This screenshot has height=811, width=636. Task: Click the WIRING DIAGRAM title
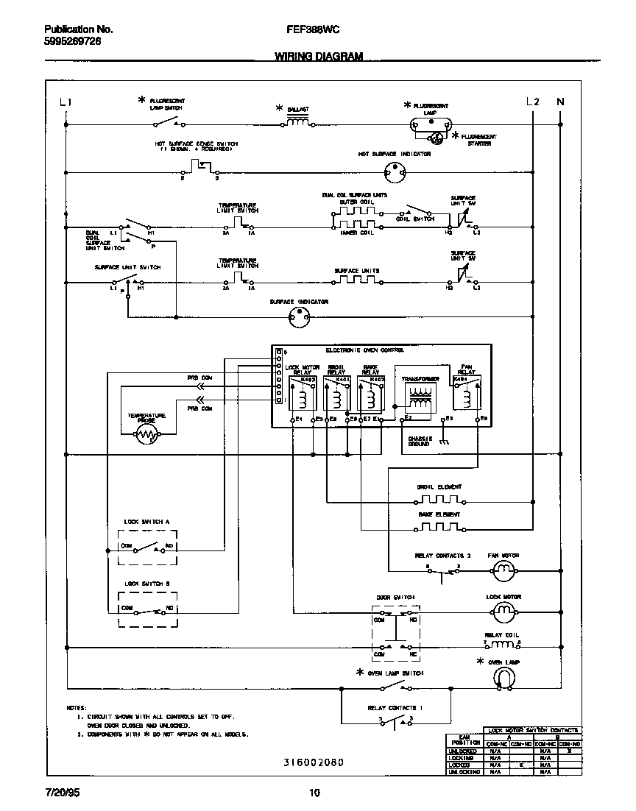click(x=319, y=56)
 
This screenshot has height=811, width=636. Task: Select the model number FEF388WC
click(x=307, y=30)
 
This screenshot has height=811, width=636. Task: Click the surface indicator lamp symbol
click(x=299, y=317)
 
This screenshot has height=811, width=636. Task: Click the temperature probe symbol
click(x=147, y=436)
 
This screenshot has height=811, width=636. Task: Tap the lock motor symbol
click(x=504, y=610)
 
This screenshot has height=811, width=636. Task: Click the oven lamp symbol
click(x=504, y=679)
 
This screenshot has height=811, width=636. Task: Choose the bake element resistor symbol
click(x=439, y=528)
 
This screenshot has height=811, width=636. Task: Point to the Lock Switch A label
click(x=147, y=521)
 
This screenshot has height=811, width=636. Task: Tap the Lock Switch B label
click(x=147, y=584)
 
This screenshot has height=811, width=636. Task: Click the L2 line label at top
click(x=533, y=102)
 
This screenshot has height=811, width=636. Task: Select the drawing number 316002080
click(x=314, y=763)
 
